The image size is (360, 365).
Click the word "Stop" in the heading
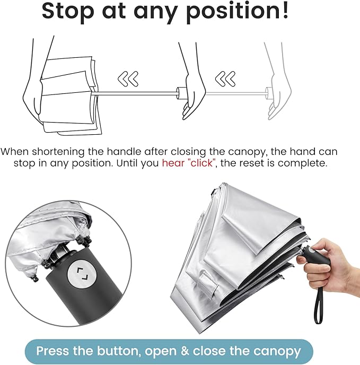[68, 11]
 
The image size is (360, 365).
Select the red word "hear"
[173, 163]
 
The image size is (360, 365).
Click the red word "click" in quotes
[201, 162]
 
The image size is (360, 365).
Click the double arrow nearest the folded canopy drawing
[128, 79]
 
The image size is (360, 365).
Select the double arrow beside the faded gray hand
[225, 79]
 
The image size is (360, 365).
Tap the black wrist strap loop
[318, 305]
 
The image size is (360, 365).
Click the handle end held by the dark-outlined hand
[181, 93]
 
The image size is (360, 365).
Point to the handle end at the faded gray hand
[269, 93]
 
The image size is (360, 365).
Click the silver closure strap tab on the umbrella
[208, 283]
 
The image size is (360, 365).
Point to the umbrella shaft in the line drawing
[134, 93]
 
